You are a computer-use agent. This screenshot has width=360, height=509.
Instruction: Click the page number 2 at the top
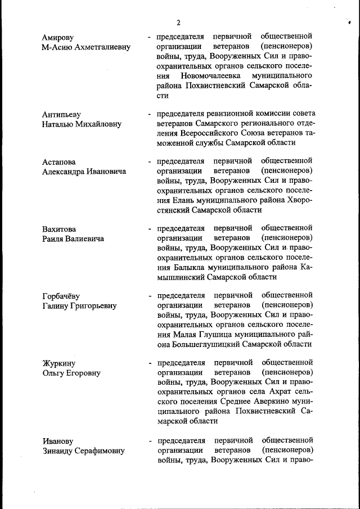pos(178,22)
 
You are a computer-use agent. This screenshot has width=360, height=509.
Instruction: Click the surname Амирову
pos(58,38)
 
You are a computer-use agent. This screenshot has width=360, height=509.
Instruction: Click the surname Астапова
pos(58,163)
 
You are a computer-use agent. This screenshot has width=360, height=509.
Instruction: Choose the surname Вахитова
pos(58,229)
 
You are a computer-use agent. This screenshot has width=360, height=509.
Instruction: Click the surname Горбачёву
pos(61,296)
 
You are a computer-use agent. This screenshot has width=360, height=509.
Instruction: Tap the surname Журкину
pos(58,363)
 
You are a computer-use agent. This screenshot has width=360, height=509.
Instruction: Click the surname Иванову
pos(57,441)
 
